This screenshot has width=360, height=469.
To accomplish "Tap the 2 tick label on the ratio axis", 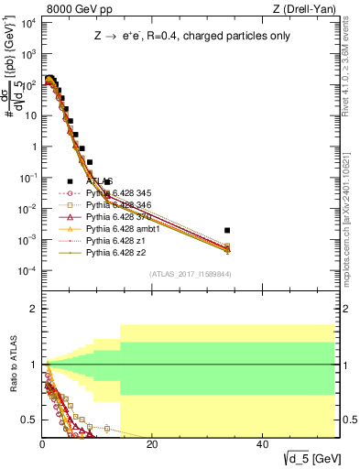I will pyautogui.click(x=33, y=309).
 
